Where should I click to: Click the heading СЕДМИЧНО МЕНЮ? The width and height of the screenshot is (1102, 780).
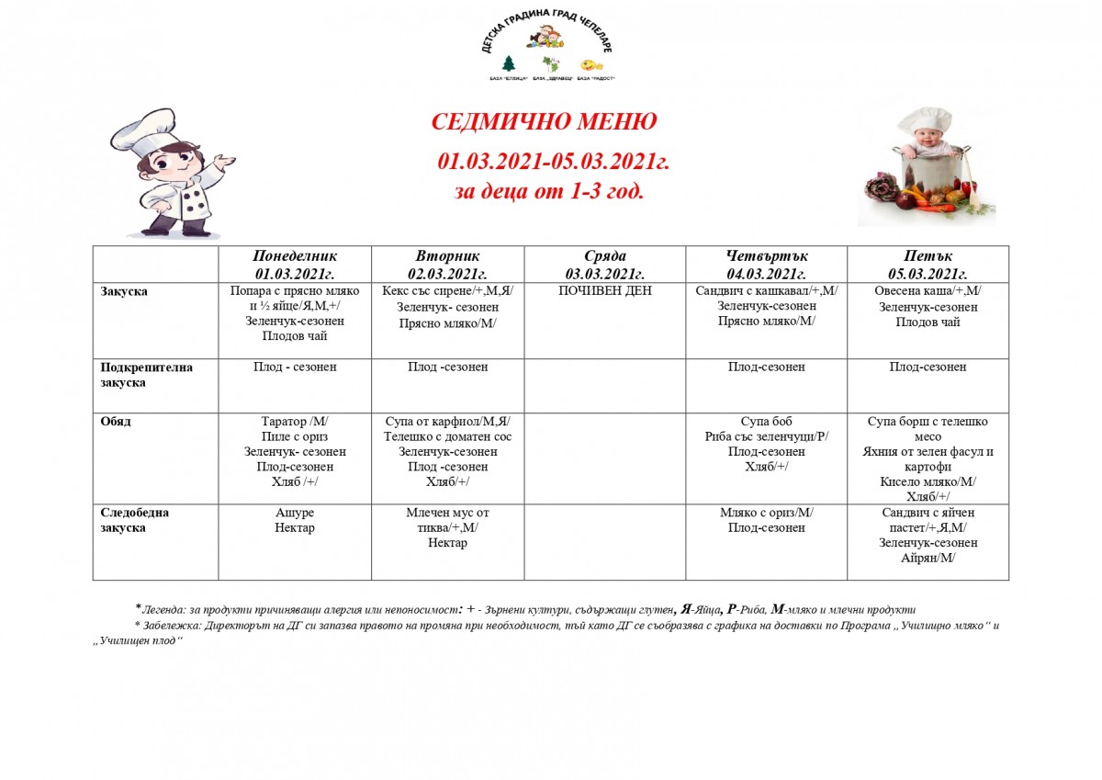tap(544, 123)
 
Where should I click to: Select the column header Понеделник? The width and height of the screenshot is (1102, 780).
tap(295, 256)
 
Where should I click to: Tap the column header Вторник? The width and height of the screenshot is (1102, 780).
tap(447, 256)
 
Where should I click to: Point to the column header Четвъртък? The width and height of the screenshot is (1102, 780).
tap(766, 256)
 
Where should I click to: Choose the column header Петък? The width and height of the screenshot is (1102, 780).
tap(928, 256)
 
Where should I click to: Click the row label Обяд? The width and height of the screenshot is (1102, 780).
tap(116, 422)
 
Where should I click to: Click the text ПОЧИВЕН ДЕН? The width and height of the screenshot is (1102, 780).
tap(604, 291)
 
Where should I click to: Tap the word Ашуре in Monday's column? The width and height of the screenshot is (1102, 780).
tap(295, 513)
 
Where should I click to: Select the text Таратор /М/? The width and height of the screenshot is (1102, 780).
tap(295, 422)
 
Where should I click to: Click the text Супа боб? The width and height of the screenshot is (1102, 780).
tap(766, 422)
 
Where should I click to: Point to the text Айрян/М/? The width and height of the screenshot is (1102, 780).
tap(928, 558)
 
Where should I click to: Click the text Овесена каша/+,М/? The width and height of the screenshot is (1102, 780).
tap(928, 291)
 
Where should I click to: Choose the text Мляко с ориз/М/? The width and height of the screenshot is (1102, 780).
tap(766, 513)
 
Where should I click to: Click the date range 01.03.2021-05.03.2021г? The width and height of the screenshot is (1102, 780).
tap(553, 162)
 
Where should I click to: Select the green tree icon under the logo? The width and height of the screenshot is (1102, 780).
tap(508, 64)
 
